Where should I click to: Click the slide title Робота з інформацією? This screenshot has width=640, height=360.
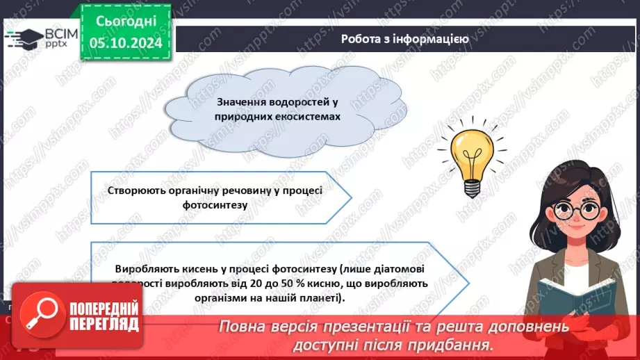click(x=404, y=39)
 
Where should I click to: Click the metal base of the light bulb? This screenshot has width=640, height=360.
click(x=472, y=186)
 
